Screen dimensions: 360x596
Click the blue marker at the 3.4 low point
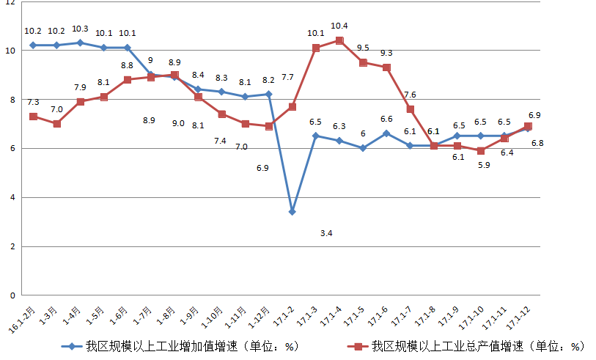293,211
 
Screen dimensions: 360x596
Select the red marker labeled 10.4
339,40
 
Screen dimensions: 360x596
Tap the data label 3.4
327,233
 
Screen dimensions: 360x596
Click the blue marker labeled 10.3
81,43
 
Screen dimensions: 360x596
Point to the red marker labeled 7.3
34,117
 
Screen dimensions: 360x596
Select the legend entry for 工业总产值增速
477,346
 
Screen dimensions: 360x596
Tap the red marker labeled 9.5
363,62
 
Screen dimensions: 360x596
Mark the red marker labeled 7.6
411,109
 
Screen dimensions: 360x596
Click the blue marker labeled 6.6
386,133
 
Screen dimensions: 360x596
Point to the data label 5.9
484,166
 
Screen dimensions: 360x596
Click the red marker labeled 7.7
293,106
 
